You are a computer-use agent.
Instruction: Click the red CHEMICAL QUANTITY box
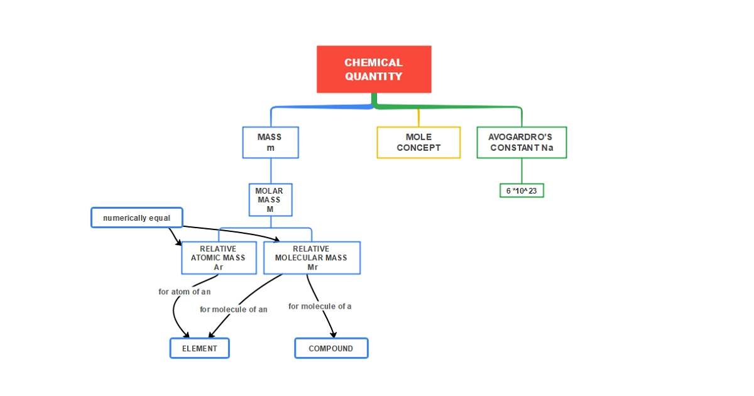[374, 69]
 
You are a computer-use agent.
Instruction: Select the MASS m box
[270, 143]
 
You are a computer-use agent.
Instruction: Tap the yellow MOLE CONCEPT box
[418, 143]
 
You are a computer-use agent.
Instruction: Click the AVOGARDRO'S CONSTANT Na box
[522, 143]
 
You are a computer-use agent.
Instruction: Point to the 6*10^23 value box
[522, 190]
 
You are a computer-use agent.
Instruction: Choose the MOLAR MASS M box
[270, 199]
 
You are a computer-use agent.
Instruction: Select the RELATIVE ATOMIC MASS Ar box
[219, 258]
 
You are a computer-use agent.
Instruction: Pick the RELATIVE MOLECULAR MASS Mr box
[312, 258]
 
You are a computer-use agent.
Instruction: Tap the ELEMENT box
[200, 348]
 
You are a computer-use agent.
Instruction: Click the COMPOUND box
[331, 348]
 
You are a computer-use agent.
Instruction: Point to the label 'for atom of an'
[184, 292]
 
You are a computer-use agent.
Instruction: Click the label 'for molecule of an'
[233, 309]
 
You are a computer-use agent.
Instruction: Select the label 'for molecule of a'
[320, 306]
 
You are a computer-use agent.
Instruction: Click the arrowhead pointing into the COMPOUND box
[333, 335]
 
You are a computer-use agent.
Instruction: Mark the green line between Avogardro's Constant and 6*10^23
[522, 170]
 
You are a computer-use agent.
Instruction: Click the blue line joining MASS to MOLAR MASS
[271, 170]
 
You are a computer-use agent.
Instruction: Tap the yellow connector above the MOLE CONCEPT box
[418, 117]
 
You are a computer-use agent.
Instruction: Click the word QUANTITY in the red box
[374, 77]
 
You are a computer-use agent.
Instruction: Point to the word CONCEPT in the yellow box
[418, 148]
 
